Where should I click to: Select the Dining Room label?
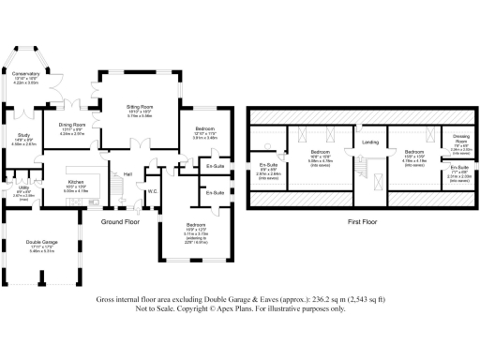tap(72, 124)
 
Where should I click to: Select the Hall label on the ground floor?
tap(127, 174)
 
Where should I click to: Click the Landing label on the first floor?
tap(369, 142)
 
